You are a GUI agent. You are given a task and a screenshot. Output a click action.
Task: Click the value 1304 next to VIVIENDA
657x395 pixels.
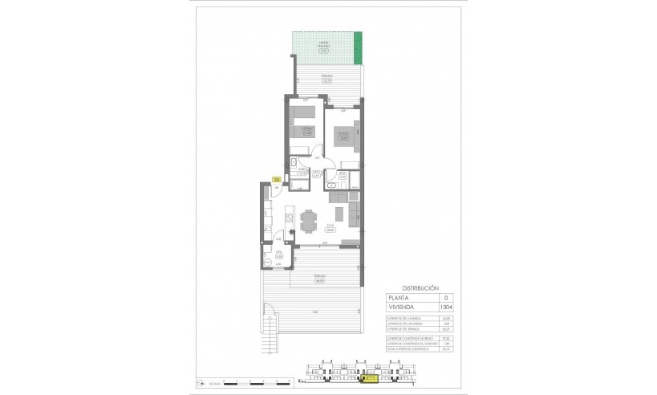pyautogui.click(x=436, y=306)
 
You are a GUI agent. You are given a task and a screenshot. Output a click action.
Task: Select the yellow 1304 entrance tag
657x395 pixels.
pyautogui.click(x=276, y=180)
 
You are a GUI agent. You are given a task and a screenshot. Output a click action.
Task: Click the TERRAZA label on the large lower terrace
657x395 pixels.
pyautogui.click(x=319, y=279)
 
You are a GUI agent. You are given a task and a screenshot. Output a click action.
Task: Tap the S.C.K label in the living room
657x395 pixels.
pyautogui.click(x=329, y=227)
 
